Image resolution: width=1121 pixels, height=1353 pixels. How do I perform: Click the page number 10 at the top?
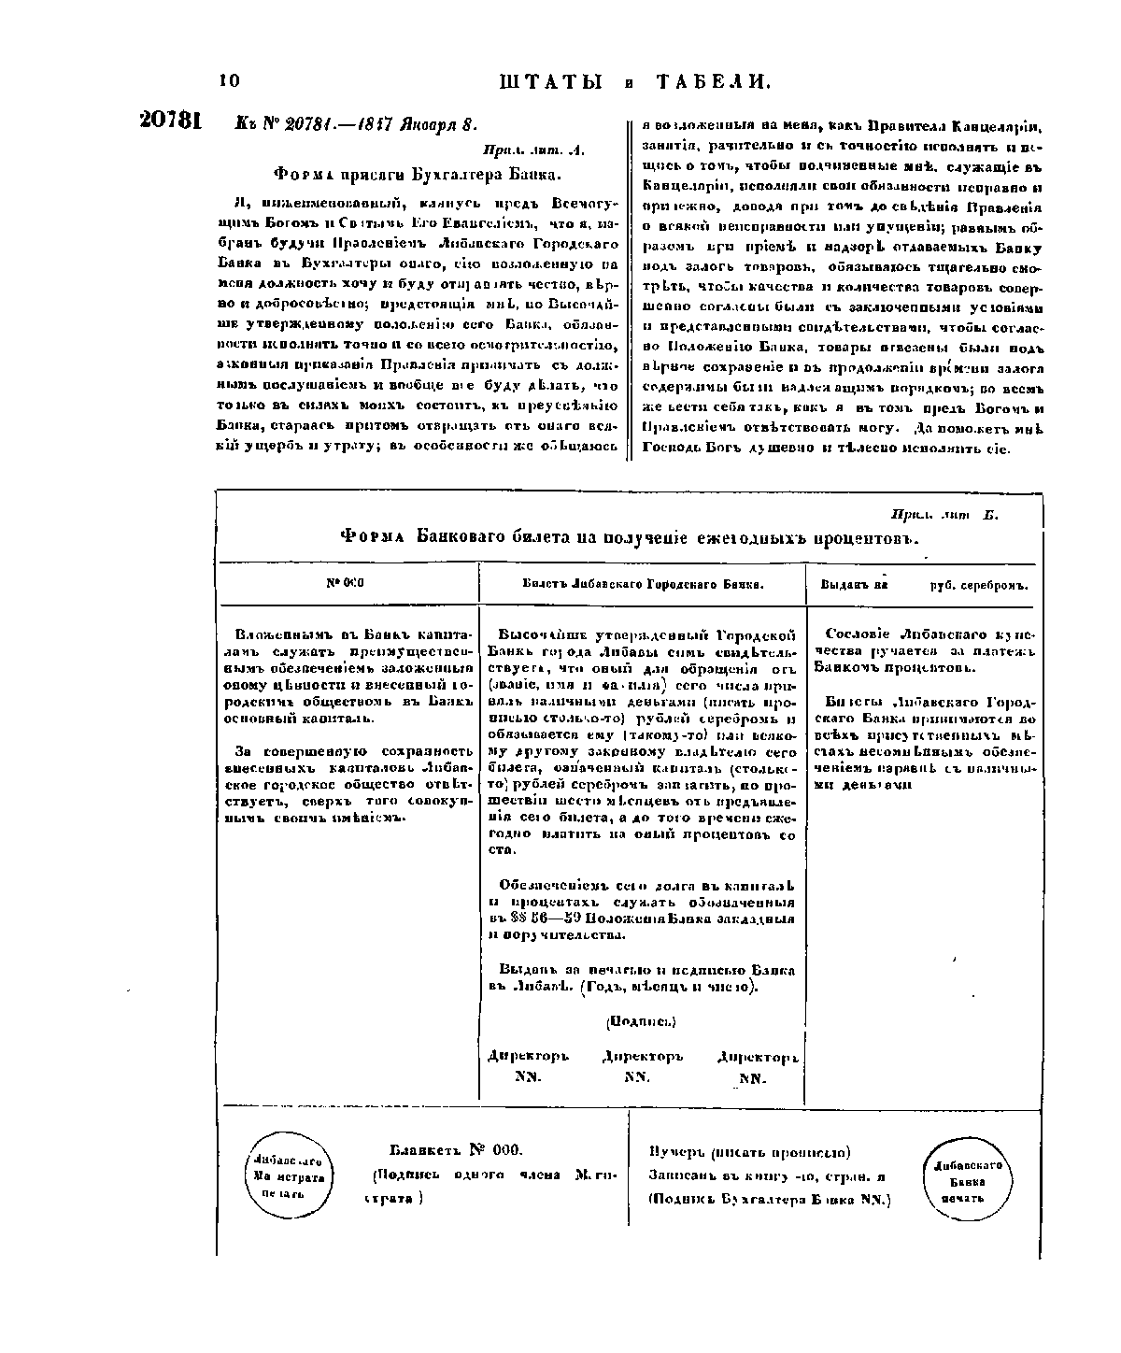point(229,81)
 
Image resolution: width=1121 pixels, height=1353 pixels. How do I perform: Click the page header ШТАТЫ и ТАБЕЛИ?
point(635,82)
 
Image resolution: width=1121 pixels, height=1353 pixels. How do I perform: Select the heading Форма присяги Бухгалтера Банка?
point(418,174)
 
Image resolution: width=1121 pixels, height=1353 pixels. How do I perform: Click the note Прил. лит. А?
point(533,149)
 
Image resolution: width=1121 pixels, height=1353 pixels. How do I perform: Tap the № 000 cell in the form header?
point(345,583)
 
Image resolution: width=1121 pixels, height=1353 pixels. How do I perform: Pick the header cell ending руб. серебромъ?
point(921,585)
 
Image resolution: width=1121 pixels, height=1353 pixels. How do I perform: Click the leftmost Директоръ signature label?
point(528,1057)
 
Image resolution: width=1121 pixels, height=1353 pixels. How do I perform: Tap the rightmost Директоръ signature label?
point(758,1058)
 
